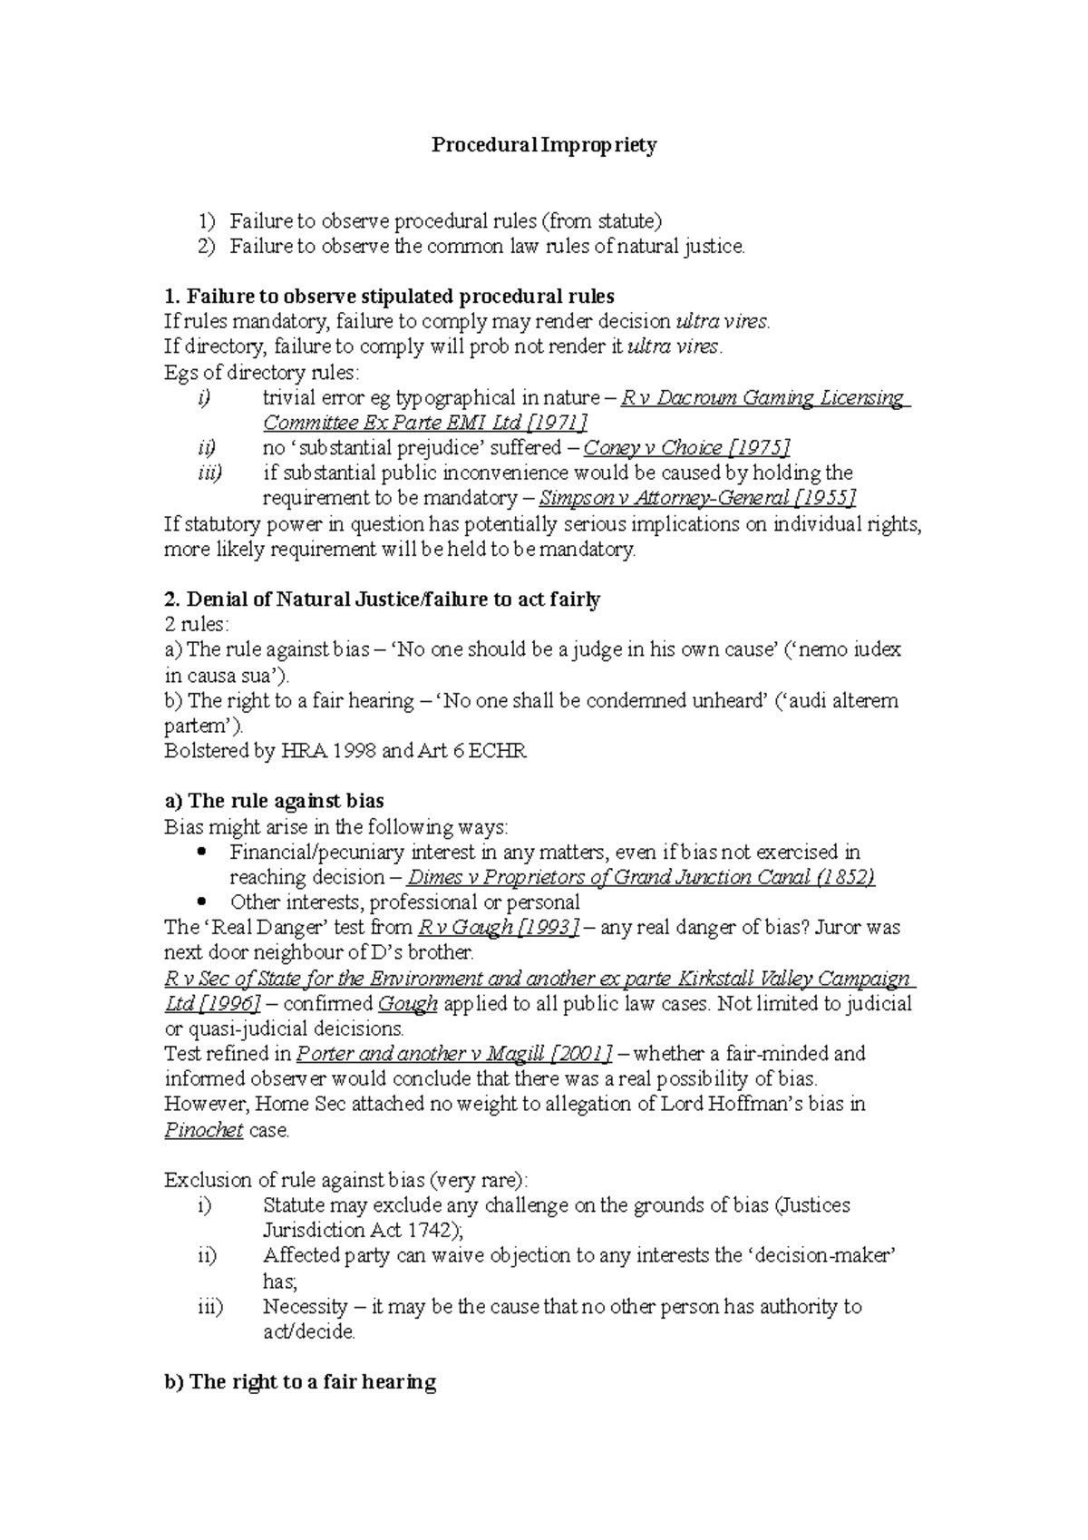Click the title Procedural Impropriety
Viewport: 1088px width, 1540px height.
[x=543, y=145]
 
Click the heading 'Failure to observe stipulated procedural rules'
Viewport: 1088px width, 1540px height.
[x=389, y=297]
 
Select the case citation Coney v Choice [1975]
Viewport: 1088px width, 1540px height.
[x=687, y=448]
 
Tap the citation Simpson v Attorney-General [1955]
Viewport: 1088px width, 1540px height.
[x=697, y=498]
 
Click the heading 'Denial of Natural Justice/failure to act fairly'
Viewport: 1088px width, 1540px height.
[x=382, y=599]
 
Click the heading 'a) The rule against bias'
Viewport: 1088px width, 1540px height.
[x=274, y=802]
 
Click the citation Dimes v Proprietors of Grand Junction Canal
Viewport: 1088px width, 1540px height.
[x=641, y=877]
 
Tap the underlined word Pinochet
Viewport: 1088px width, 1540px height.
[x=203, y=1130]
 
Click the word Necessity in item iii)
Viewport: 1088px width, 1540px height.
[x=305, y=1307]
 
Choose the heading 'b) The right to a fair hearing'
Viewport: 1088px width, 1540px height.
[x=300, y=1382]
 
